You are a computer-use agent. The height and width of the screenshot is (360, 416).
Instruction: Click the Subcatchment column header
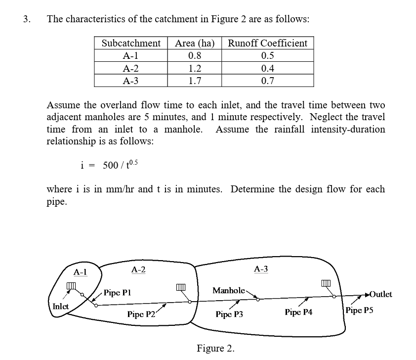coord(131,43)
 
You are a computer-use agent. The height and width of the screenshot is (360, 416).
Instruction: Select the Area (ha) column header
coord(195,43)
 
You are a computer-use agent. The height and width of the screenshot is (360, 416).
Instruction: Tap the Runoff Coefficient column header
coord(267,43)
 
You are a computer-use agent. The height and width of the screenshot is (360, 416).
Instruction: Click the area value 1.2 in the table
coord(195,68)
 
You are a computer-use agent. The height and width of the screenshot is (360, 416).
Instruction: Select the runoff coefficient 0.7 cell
coord(267,81)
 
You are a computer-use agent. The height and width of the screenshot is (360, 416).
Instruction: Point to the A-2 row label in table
coord(131,68)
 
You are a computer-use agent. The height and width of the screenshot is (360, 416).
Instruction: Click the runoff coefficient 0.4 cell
coord(267,68)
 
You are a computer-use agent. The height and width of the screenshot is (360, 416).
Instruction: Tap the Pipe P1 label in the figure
coord(117,293)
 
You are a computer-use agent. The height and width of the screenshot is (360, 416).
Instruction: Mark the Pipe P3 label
coord(229,314)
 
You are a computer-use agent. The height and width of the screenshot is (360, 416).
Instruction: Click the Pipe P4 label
coord(298,312)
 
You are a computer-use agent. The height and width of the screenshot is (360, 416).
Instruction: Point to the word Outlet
coord(380,294)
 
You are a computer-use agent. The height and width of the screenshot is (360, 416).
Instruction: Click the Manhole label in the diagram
coord(228,290)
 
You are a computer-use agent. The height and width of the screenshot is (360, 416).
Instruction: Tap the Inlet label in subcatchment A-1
coord(60,306)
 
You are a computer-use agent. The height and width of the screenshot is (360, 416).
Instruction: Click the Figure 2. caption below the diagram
coord(215,348)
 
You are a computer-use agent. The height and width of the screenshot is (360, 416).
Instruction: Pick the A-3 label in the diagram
coord(261,269)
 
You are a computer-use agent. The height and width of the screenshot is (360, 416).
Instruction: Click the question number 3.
coord(27,20)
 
